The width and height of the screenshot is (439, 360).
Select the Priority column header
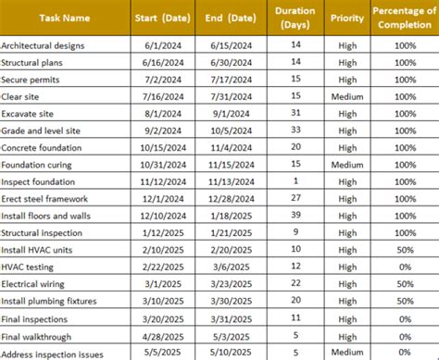(x=346, y=18)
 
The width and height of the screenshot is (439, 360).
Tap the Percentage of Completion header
(x=405, y=18)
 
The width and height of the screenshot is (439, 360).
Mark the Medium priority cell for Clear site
(x=347, y=96)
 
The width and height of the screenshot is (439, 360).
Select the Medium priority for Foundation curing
(x=347, y=165)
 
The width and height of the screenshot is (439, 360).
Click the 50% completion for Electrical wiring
(x=405, y=284)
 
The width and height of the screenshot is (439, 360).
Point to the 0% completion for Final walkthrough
(x=405, y=336)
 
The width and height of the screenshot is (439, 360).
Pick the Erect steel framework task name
(x=44, y=199)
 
